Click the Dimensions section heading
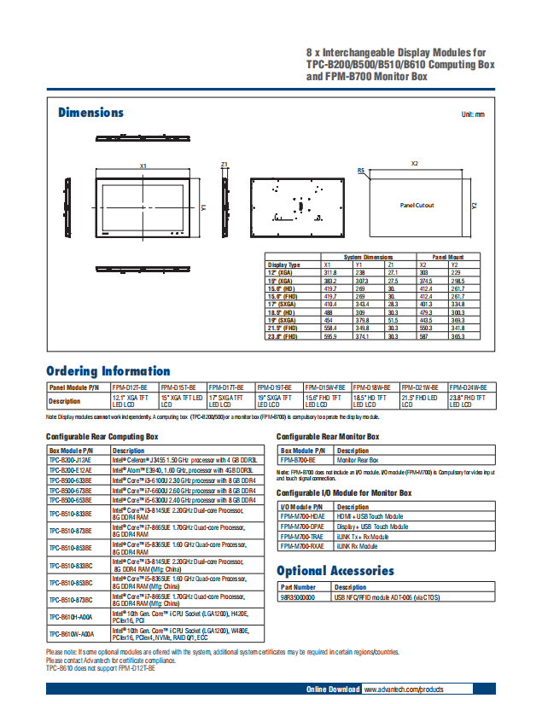point(90,113)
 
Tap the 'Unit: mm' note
point(472,114)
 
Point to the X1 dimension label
point(143,166)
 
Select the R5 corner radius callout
point(361,171)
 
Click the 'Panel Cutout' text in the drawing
point(417,205)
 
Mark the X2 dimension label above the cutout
point(415,163)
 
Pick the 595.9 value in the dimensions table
point(329,337)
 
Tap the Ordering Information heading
point(108,371)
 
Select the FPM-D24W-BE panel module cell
point(468,387)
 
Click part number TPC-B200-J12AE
point(71,459)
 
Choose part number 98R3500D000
point(297,597)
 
